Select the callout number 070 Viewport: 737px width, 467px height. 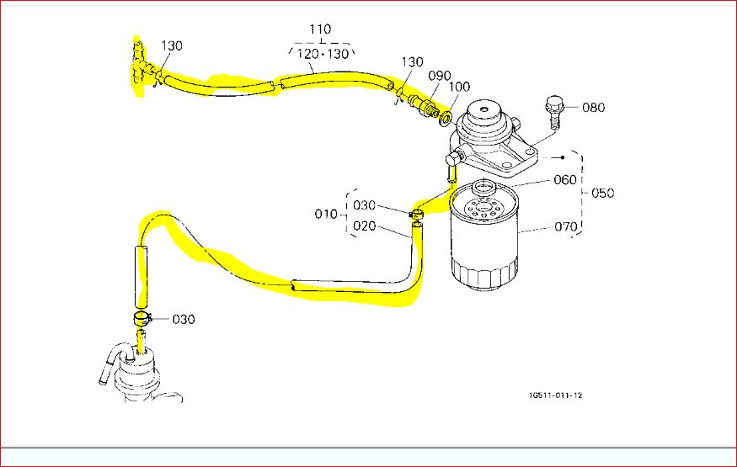click(x=565, y=226)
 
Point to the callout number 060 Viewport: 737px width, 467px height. click(x=565, y=180)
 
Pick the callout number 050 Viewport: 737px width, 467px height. click(x=602, y=193)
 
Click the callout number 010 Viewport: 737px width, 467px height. click(x=326, y=215)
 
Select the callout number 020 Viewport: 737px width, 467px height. click(x=364, y=226)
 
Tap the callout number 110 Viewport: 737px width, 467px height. click(x=319, y=29)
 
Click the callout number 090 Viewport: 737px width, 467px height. click(x=439, y=75)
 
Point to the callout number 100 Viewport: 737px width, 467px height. click(x=459, y=88)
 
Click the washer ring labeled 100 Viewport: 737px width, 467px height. click(x=445, y=116)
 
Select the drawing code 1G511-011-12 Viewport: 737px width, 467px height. click(x=555, y=395)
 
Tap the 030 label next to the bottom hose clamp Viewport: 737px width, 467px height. click(x=184, y=320)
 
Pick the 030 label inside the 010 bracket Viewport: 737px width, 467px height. click(x=364, y=205)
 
